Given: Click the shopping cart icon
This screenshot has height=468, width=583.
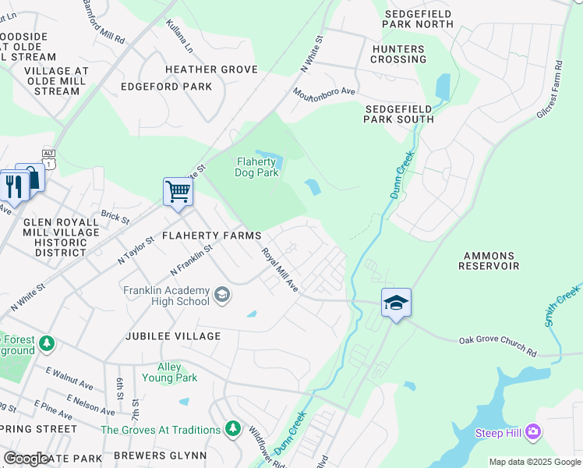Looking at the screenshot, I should [x=178, y=191].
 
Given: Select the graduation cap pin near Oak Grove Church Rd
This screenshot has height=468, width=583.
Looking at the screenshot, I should [x=396, y=303].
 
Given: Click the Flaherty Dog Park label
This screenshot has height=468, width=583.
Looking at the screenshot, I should [x=256, y=168].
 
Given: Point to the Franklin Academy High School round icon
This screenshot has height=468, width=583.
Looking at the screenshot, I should [x=222, y=294].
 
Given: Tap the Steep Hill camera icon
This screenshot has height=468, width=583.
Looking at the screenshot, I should [x=532, y=432].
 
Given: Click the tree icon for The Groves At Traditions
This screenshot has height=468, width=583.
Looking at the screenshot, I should [x=232, y=429].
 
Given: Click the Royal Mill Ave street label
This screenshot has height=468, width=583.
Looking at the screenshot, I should [x=279, y=270].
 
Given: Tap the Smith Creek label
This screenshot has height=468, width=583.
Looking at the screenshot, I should [x=561, y=306].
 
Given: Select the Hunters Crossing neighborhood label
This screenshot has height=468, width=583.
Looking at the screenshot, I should [x=398, y=53].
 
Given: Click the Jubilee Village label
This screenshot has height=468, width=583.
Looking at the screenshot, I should [x=171, y=336].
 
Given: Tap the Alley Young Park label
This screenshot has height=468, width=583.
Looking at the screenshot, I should [x=169, y=373].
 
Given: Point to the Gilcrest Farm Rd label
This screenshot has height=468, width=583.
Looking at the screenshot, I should [x=549, y=90].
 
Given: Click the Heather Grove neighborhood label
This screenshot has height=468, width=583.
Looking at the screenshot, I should [x=210, y=69].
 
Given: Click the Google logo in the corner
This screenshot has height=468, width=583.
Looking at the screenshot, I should [x=26, y=459].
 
